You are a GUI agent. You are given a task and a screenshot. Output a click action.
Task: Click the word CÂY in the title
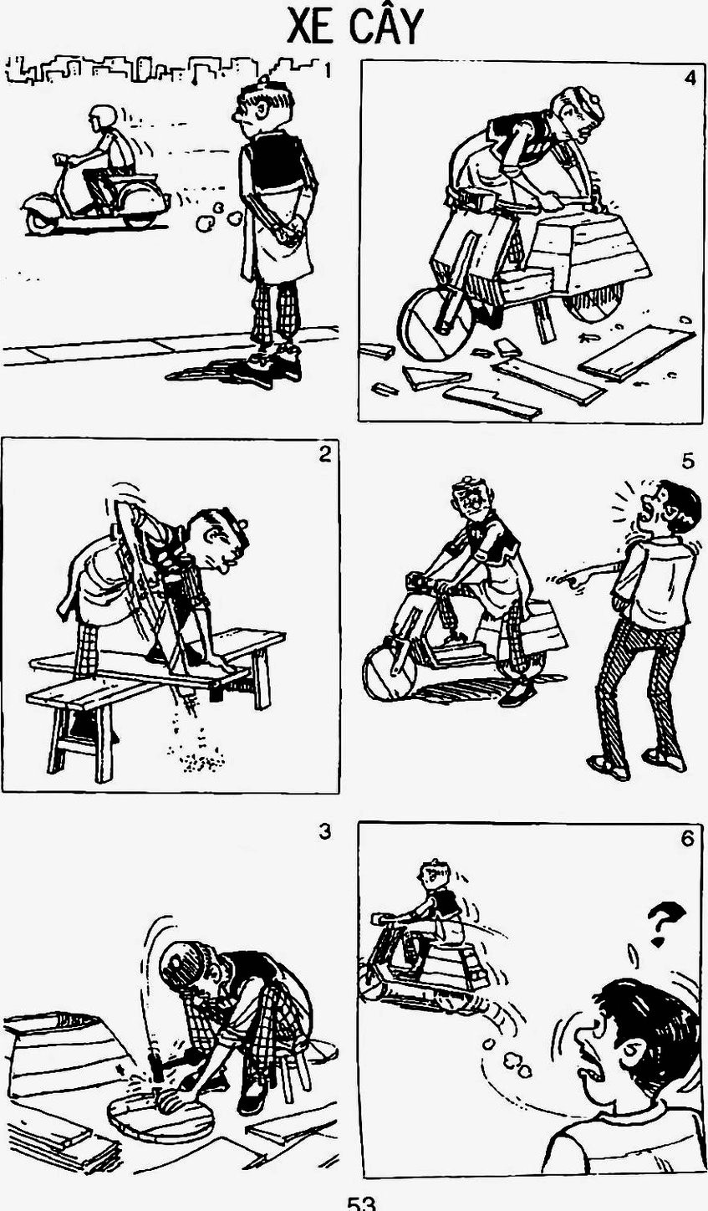point(385,25)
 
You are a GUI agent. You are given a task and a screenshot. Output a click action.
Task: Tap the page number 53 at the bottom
point(361,1204)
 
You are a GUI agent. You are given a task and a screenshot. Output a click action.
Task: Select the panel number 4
point(689,78)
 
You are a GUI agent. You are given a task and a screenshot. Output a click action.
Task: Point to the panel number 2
point(324,454)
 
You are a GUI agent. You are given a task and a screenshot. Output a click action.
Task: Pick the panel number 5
point(687,462)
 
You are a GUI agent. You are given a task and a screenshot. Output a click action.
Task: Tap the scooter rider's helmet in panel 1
point(103,115)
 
